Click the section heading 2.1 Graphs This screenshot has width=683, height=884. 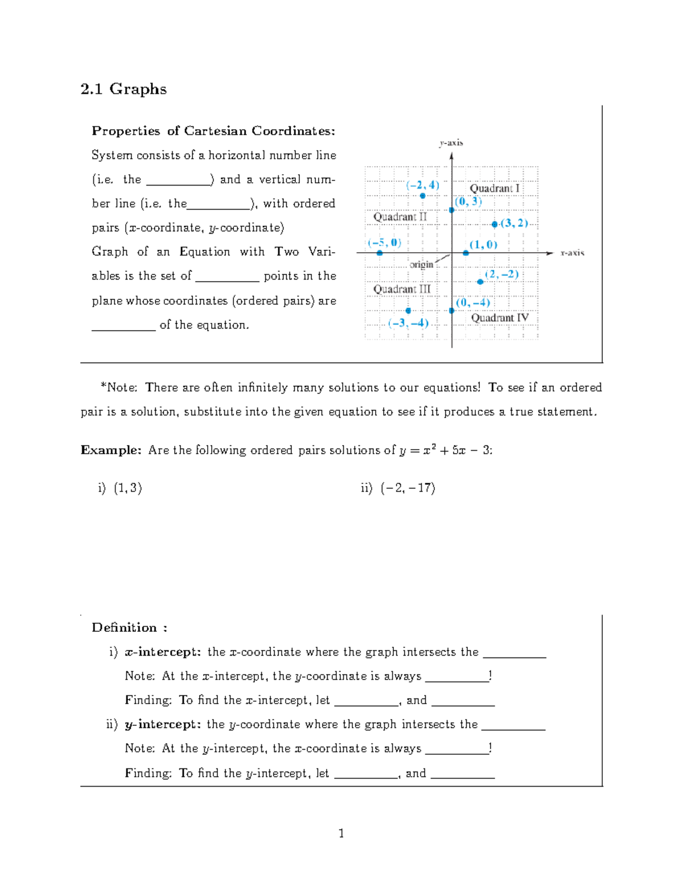[124, 89]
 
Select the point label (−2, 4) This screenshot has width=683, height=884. [422, 185]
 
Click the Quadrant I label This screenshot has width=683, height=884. [494, 188]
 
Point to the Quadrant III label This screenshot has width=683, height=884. [402, 289]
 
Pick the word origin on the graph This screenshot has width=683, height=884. [421, 265]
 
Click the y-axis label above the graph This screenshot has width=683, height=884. [451, 143]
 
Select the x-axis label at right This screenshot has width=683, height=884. [572, 253]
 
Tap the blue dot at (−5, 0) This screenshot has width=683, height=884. [380, 253]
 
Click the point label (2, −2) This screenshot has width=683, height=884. [501, 274]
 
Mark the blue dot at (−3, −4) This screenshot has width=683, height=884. [408, 311]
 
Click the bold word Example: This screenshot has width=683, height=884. [111, 450]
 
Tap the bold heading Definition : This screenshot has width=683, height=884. [129, 628]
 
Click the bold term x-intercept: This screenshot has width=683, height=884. [162, 652]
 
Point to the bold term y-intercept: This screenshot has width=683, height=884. [162, 725]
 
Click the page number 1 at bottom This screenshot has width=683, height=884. [341, 834]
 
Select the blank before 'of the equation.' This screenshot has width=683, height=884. [124, 326]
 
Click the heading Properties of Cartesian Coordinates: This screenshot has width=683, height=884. [213, 131]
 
